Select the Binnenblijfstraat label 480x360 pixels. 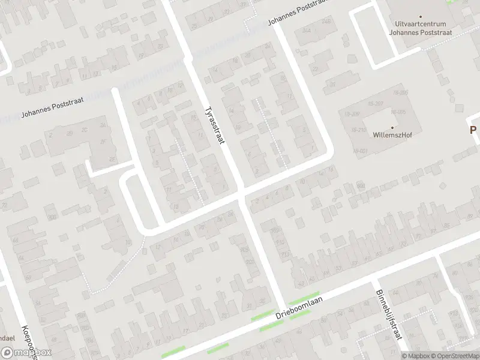pos(388,316)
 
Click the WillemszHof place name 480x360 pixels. pos(393,135)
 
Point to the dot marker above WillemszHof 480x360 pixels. pos(393,127)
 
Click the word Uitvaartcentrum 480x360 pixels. pos(420,25)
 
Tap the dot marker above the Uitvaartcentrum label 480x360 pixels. pos(420,17)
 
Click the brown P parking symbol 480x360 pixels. pos(473,130)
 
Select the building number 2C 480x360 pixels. pos(85,131)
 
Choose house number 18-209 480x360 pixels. pos(351,113)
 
